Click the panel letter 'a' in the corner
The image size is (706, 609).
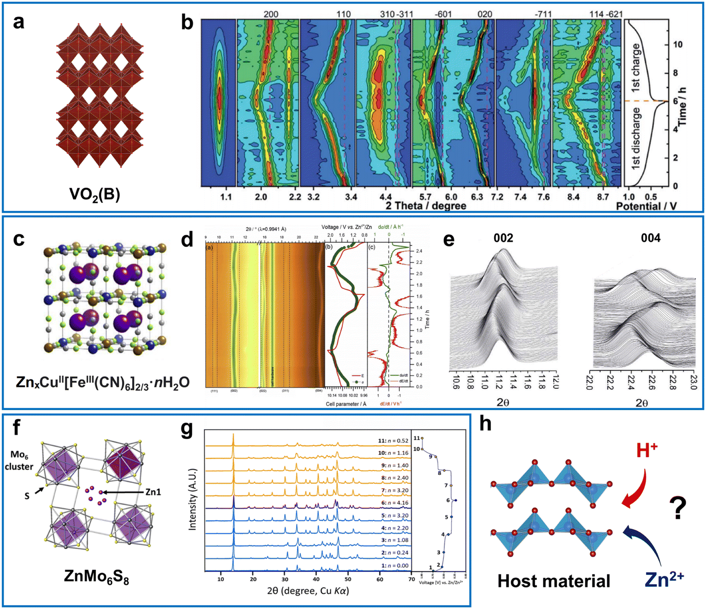coord(19,22)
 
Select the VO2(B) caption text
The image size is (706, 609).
coord(94,194)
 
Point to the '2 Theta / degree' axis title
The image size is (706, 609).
coord(425,206)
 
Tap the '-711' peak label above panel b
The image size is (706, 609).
coord(542,14)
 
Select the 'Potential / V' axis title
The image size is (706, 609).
coord(646,206)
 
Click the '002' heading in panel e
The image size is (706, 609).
coord(503,238)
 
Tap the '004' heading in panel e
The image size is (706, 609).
coord(650,238)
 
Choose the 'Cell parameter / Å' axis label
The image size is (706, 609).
coord(346,404)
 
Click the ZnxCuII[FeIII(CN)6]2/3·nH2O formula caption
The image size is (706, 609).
coord(102,382)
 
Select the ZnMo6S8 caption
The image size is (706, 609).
coord(96,576)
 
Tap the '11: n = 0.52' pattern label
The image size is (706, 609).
coord(393,440)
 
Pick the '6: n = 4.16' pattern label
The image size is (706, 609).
coord(393,503)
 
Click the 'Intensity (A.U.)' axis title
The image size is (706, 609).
coord(192,500)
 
